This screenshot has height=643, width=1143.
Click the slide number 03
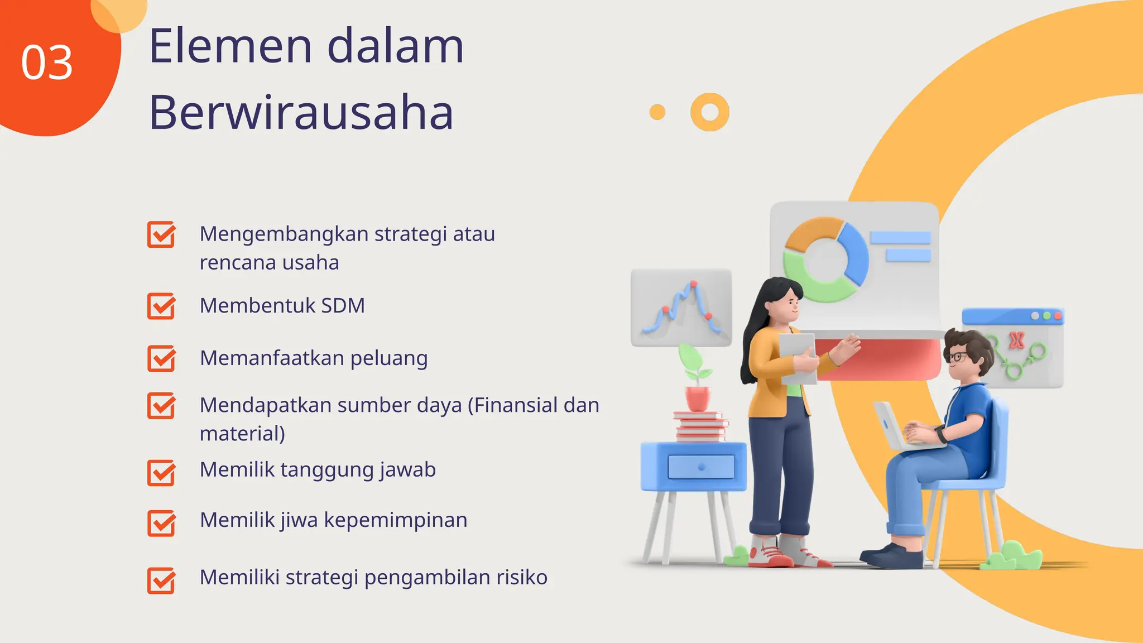tap(47, 63)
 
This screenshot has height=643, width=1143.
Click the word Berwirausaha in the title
tap(301, 113)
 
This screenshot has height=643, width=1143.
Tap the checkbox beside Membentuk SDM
tap(161, 306)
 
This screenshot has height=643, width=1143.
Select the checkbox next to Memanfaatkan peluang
tap(161, 358)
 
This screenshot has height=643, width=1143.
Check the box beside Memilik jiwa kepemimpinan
tap(161, 523)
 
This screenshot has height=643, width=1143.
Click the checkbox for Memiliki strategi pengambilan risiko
tap(161, 580)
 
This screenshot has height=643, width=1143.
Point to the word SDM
tap(343, 306)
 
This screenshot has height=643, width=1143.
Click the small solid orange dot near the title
tap(657, 112)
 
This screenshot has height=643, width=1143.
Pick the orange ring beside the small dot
tap(709, 112)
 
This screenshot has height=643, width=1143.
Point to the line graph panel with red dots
tap(681, 308)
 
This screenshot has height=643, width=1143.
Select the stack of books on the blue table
tap(700, 426)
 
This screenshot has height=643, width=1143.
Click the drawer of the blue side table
tap(701, 467)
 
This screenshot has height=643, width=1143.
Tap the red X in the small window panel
tap(1016, 340)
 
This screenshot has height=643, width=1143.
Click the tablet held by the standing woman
tap(798, 357)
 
